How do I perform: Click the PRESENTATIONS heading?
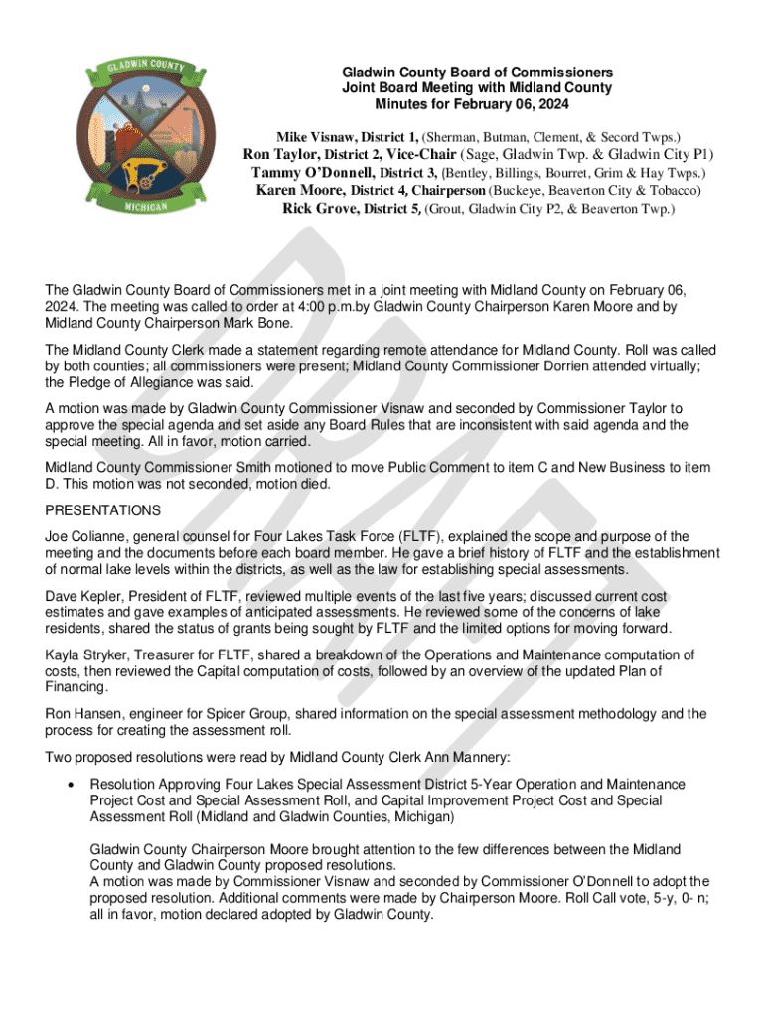(x=103, y=510)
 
